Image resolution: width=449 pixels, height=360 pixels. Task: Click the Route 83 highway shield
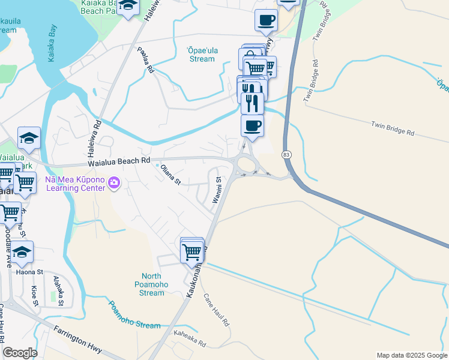(286, 155)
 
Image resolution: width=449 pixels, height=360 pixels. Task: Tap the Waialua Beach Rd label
(119, 161)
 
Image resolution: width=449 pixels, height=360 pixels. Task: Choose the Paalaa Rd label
(146, 60)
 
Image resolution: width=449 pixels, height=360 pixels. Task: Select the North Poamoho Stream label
(147, 284)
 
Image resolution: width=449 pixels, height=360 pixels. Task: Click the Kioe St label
(34, 296)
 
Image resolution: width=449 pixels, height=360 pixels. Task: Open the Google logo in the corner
(20, 353)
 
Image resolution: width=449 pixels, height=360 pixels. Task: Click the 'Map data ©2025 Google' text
(411, 355)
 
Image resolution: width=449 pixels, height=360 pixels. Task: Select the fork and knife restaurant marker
(252, 103)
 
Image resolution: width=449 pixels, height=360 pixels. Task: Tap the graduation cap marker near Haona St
(22, 253)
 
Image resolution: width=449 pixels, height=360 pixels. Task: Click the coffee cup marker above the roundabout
(252, 126)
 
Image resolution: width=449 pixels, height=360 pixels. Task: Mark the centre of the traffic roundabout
(245, 163)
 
